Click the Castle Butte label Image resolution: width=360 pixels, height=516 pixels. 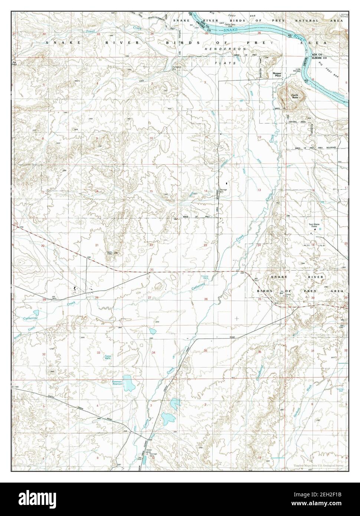pos(295,97)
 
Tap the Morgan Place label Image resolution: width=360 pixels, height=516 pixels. pos(278,75)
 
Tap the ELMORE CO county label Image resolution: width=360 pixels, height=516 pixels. pos(319,58)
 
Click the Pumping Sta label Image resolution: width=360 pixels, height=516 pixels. pos(175,68)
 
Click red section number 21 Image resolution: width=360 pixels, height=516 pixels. pos(97,245)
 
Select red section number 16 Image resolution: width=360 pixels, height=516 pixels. pos(97,191)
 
